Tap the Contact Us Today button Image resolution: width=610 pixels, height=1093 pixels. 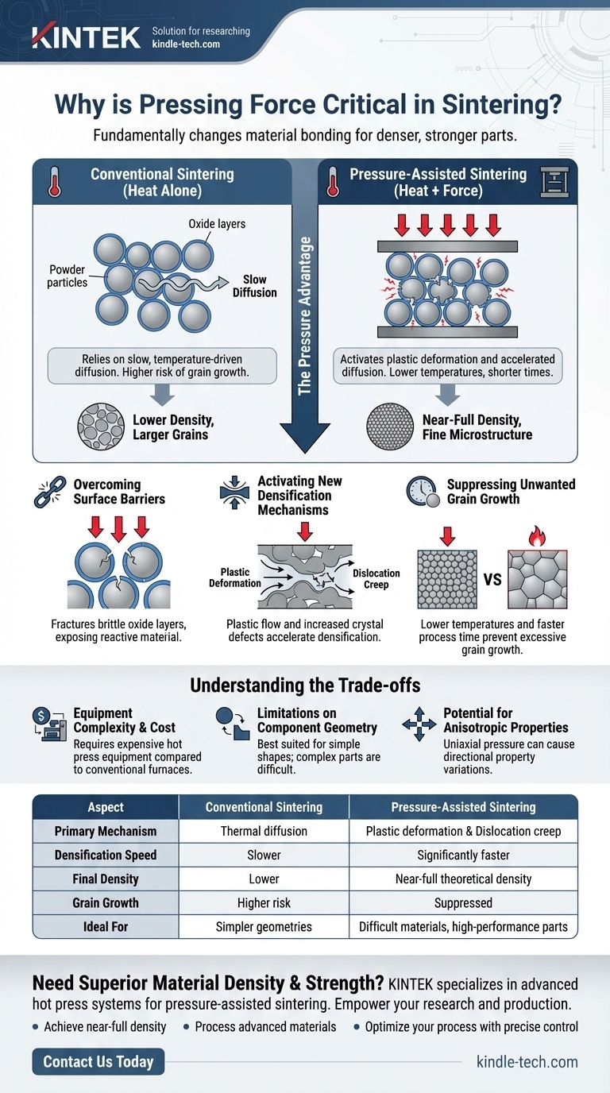98,1062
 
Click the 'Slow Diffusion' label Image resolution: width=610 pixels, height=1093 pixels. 254,286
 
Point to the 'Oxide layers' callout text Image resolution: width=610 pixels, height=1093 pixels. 217,224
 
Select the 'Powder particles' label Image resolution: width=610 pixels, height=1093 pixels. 68,276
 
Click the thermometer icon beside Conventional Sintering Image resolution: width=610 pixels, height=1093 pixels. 55,182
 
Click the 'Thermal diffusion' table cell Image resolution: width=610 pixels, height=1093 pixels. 264,831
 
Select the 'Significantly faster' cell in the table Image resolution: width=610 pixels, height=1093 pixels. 464,855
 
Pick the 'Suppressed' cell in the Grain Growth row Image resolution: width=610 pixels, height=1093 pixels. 464,902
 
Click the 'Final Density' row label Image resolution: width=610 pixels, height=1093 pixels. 106,879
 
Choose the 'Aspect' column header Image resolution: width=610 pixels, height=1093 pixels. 106,807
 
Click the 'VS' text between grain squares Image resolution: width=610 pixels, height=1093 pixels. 492,580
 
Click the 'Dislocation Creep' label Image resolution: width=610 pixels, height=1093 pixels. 376,578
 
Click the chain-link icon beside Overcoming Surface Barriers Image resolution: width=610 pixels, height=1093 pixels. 50,492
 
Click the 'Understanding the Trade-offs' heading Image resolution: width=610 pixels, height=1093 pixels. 304,685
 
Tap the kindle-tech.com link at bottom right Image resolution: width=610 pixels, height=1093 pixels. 527,1062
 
